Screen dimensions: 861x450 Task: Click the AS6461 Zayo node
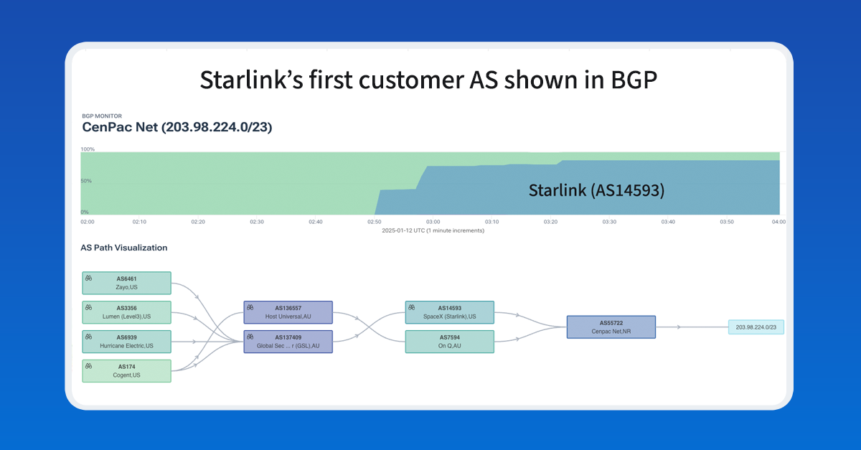pos(126,283)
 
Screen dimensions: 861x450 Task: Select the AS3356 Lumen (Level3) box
pos(126,312)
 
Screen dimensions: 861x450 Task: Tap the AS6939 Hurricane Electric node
pos(126,342)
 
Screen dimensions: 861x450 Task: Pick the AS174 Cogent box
pos(126,371)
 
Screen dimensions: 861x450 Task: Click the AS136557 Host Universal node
pos(288,312)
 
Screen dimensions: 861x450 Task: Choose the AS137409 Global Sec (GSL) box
pos(288,342)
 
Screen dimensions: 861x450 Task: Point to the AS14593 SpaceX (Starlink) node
pos(449,312)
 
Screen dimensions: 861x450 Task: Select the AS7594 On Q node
pos(449,342)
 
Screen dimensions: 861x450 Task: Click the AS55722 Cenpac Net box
pos(611,327)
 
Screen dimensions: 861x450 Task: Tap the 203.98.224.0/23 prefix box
pos(756,327)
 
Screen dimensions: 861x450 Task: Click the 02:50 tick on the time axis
pos(375,222)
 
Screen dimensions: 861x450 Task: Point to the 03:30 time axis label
pos(609,222)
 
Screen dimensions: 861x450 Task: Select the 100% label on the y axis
pos(88,149)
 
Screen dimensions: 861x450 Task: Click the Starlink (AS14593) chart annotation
pos(596,190)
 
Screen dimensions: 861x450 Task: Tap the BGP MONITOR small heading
pos(102,116)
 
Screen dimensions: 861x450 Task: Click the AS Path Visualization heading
pos(123,248)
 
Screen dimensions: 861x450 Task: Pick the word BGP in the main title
pos(634,80)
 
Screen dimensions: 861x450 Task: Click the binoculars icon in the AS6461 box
pos(88,278)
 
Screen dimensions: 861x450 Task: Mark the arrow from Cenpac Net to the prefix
pos(692,327)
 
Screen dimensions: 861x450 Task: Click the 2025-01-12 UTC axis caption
pos(433,231)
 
